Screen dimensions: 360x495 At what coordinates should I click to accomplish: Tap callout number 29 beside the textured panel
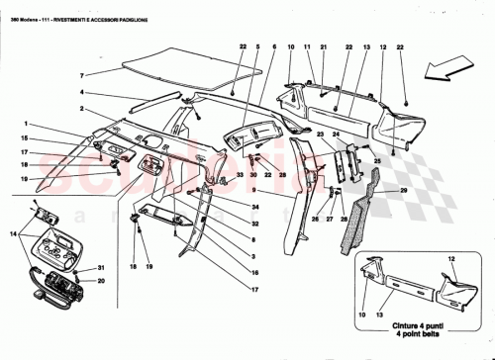click(403, 189)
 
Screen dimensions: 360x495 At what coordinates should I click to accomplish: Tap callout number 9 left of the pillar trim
click(254, 189)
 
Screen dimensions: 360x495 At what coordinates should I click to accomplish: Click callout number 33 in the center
click(239, 175)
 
